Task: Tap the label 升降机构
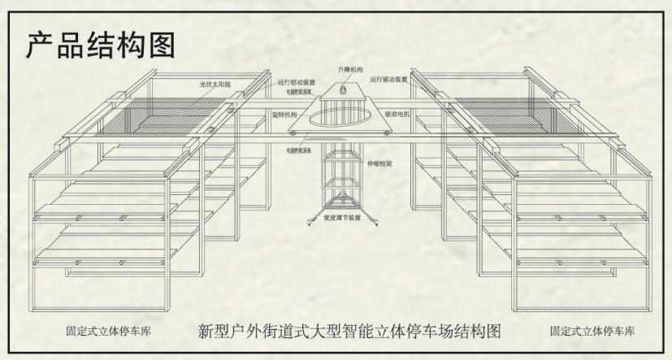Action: pyautogui.click(x=351, y=71)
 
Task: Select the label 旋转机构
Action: pyautogui.click(x=284, y=115)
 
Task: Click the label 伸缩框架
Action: pyautogui.click(x=379, y=163)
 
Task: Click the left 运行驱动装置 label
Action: pyautogui.click(x=296, y=82)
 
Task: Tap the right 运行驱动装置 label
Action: pyautogui.click(x=388, y=80)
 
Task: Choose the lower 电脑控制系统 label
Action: pyautogui.click(x=299, y=150)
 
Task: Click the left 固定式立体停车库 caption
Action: pyautogui.click(x=109, y=332)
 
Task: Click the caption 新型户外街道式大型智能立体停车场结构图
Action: pyautogui.click(x=349, y=332)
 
